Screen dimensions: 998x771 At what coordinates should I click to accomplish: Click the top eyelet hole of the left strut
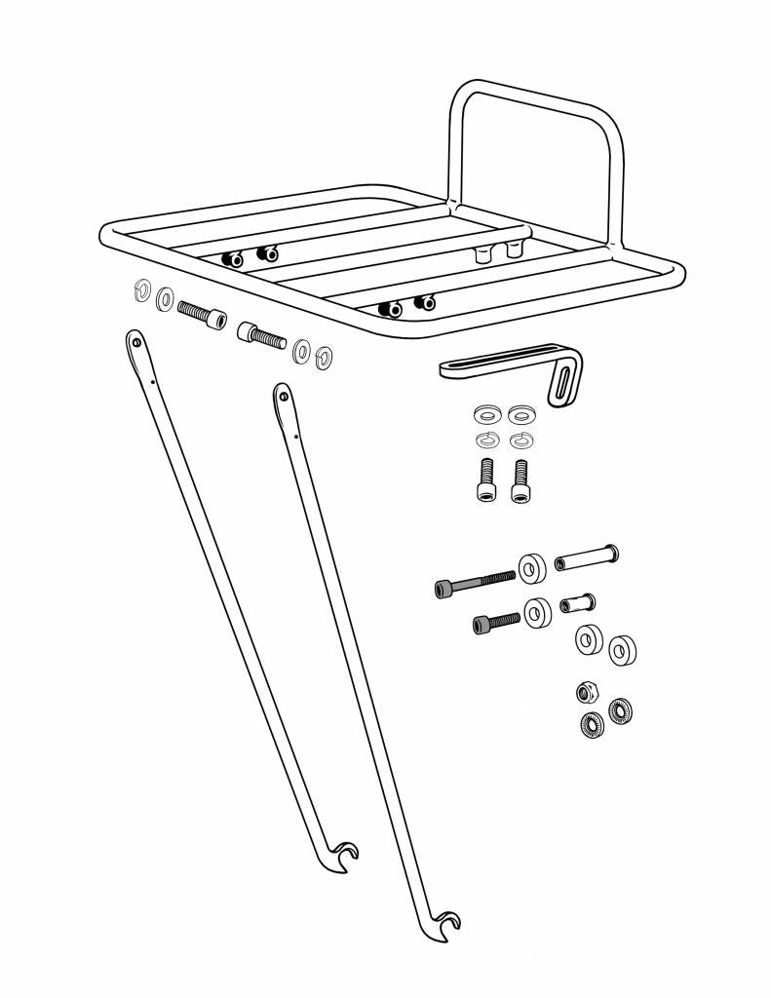136,340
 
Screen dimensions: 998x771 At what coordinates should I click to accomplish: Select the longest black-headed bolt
474,583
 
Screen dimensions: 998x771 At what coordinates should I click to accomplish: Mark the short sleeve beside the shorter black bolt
578,603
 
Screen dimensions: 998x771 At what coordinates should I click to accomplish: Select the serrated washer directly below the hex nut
591,725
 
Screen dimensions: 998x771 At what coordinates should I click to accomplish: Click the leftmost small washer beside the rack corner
140,289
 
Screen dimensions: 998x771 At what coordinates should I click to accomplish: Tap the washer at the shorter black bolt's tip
537,612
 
